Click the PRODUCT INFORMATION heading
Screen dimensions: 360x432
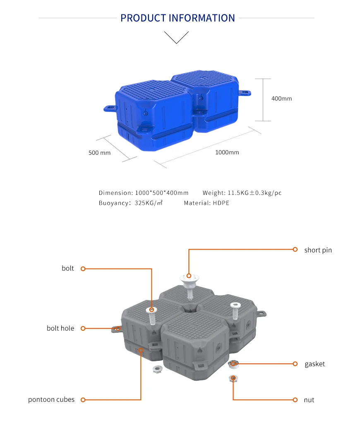(x=178, y=18)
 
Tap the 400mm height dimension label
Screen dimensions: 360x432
(x=281, y=98)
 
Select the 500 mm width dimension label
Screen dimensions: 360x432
(x=99, y=153)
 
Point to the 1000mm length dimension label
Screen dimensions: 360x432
(x=227, y=152)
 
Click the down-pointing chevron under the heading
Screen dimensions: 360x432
(x=176, y=38)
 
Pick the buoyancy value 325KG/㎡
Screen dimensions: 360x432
(x=149, y=203)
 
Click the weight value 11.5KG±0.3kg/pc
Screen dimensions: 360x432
(x=254, y=193)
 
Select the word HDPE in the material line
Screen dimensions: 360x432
(x=221, y=203)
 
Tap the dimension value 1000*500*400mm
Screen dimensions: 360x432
(x=162, y=193)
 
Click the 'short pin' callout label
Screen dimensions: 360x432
(x=318, y=250)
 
